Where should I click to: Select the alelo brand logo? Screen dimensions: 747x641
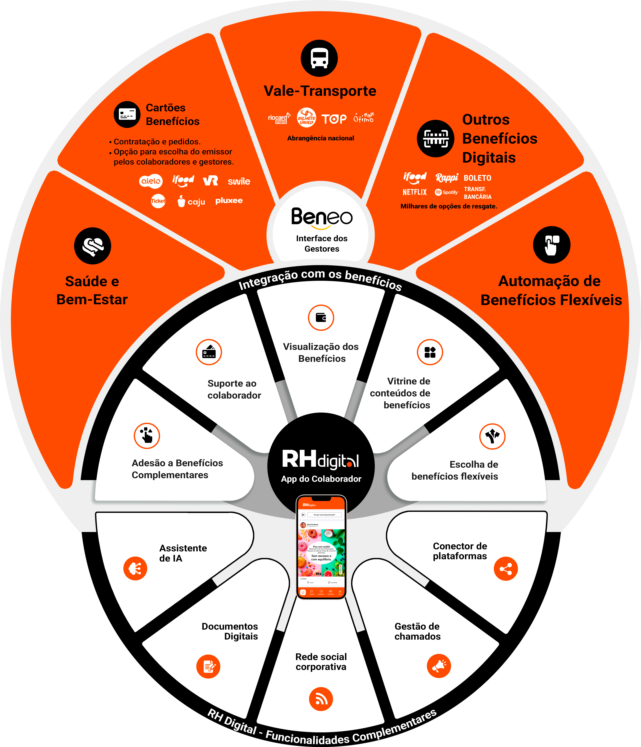tap(151, 181)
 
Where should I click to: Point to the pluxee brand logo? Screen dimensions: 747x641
tap(229, 200)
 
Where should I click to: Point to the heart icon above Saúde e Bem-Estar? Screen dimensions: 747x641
tap(93, 246)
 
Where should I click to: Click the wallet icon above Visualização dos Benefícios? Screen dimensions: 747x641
tap(321, 318)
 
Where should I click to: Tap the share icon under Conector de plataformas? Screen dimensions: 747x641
tap(505, 569)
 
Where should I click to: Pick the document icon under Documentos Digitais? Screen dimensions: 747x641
tap(208, 666)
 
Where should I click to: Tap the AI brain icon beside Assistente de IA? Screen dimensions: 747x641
tap(135, 569)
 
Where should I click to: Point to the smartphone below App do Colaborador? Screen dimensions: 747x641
tap(321, 547)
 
